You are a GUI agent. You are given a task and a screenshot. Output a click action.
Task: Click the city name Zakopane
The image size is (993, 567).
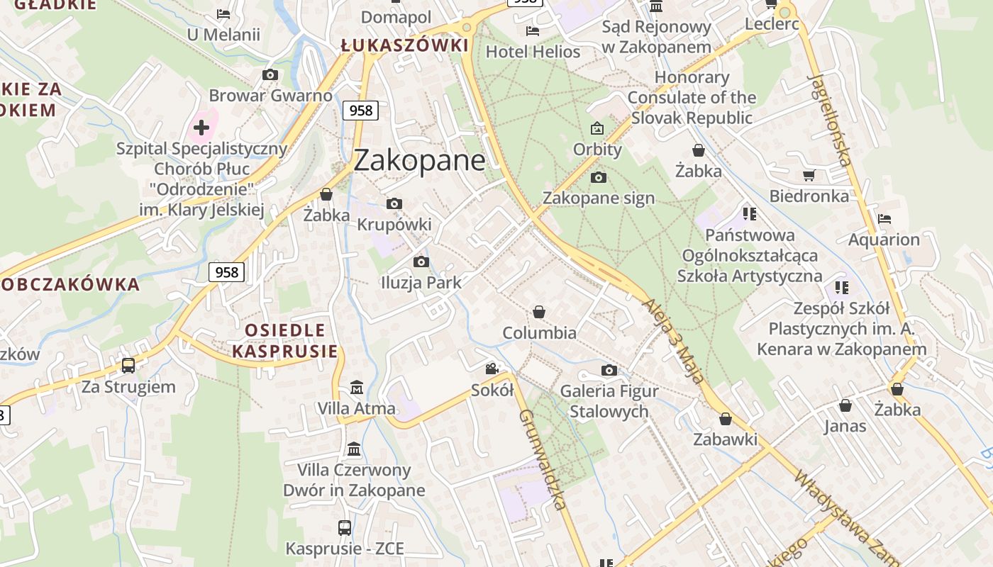[419, 160]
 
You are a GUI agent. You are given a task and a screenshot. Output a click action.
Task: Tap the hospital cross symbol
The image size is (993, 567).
[201, 128]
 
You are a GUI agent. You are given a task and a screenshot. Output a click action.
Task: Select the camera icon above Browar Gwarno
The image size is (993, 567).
[270, 74]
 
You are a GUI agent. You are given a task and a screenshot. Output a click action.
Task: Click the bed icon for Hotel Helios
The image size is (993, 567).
[533, 30]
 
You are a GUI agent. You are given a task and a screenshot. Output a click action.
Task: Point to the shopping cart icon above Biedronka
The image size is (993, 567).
[809, 175]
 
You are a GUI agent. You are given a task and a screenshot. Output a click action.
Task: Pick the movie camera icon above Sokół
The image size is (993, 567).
[492, 369]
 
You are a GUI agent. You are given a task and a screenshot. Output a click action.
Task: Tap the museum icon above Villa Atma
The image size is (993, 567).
[357, 388]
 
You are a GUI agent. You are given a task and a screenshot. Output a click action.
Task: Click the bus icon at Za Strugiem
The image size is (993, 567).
[128, 366]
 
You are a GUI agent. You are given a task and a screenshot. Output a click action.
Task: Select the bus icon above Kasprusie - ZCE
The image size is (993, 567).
[345, 527]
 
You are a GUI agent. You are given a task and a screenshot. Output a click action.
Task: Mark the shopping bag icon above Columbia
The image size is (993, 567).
[539, 312]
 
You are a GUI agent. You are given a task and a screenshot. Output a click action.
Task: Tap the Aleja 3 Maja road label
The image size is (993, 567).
[673, 341]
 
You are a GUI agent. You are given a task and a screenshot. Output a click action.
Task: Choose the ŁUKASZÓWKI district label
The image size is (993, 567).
[404, 46]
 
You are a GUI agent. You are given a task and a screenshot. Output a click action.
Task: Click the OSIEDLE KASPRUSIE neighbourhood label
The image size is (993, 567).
[284, 340]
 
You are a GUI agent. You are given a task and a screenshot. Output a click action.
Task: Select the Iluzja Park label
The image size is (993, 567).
[421, 282]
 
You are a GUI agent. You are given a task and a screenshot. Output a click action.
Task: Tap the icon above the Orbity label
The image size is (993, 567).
[597, 128]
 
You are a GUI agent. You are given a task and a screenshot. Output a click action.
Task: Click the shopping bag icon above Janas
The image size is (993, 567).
[845, 405]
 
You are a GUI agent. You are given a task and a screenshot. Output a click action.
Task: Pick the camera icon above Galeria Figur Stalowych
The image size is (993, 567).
[609, 370]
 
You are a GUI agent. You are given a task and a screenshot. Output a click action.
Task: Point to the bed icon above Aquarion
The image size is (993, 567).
[884, 218]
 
